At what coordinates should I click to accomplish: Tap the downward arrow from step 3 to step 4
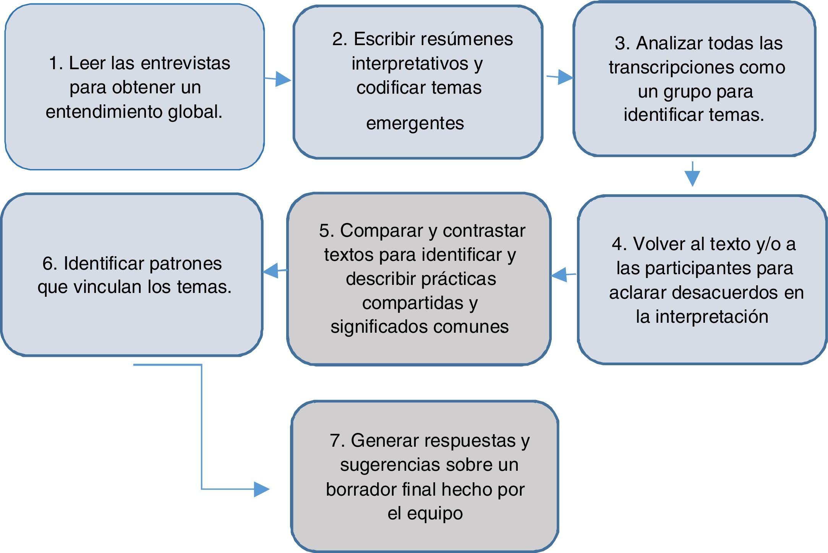click(692, 177)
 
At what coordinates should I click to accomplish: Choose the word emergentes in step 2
click(415, 123)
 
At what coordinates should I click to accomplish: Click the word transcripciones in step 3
click(671, 67)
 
